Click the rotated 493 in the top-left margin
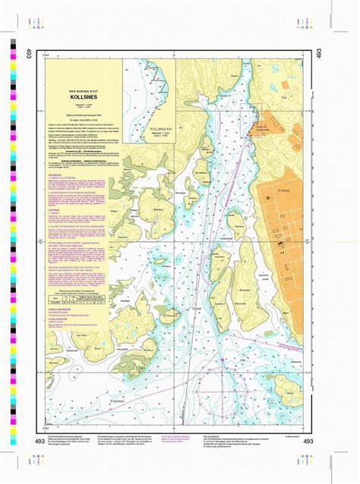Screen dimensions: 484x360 click(28, 55)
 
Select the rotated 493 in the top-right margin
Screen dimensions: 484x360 click(332, 55)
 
